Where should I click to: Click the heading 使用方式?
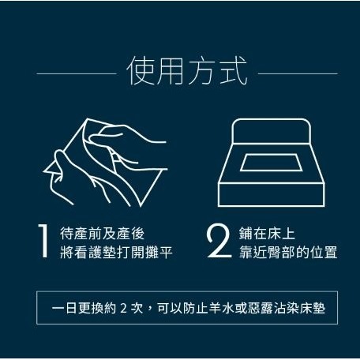pyautogui.click(x=187, y=71)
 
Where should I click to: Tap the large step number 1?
pyautogui.click(x=43, y=241)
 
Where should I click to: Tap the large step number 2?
pyautogui.click(x=219, y=241)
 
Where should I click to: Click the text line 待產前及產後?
pyautogui.click(x=102, y=234)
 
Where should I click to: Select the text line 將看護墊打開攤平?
pyautogui.click(x=116, y=252)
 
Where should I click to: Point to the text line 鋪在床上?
pyautogui.click(x=267, y=234)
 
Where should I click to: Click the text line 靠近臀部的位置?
pyautogui.click(x=288, y=252)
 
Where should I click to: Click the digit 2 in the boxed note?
pyautogui.click(x=123, y=308)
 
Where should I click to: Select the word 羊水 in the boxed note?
pyautogui.click(x=222, y=308)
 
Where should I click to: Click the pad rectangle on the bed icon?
pyautogui.click(x=270, y=163)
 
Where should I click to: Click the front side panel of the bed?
pyautogui.click(x=272, y=194)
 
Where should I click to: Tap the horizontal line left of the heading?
pyautogui.click(x=77, y=73)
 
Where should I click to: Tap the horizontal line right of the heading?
pyautogui.click(x=298, y=73)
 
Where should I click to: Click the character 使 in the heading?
pyautogui.click(x=141, y=71)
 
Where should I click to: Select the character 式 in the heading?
pyautogui.click(x=233, y=71)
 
